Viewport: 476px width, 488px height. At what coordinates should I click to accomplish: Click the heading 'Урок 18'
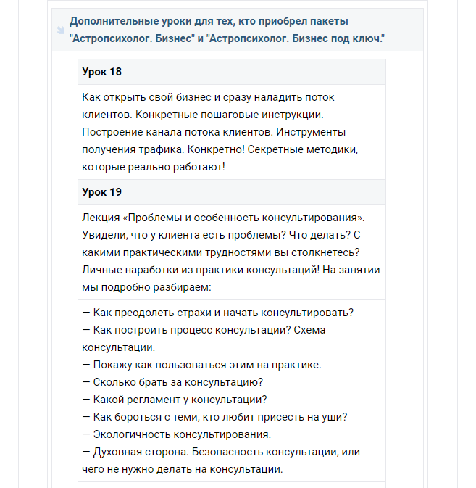[102, 72]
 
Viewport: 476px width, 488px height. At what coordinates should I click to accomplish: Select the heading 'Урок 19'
[102, 192]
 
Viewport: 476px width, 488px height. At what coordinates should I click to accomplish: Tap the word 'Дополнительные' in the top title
[111, 20]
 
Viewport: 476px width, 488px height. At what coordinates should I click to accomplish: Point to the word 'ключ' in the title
[364, 38]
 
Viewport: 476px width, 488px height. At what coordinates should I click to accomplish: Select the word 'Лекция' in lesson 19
[100, 218]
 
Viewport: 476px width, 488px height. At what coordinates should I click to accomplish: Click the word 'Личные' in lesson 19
[101, 270]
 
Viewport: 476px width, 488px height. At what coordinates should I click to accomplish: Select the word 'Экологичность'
[130, 434]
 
